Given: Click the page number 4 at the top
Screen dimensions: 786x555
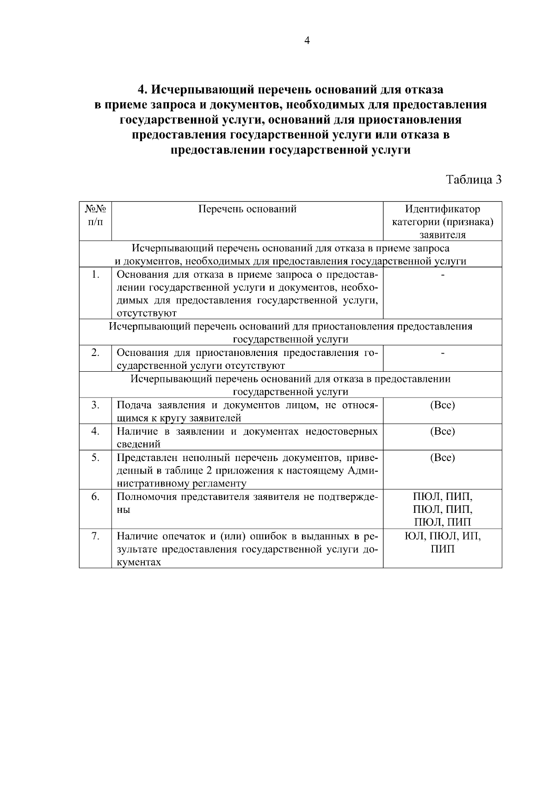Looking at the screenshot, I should (x=307, y=40).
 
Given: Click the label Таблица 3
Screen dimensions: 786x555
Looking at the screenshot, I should (x=474, y=180).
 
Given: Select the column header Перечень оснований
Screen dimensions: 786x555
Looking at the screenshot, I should (x=247, y=209).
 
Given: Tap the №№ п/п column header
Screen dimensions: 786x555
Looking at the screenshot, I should (x=95, y=215).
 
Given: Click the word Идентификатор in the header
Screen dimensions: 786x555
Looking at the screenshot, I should (x=442, y=209).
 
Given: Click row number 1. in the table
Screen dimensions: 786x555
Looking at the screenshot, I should (x=95, y=274).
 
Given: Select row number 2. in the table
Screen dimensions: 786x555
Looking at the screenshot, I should (x=95, y=353).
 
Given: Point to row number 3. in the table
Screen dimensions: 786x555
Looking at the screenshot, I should (x=95, y=405).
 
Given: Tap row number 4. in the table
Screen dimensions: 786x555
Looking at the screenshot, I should (x=95, y=431).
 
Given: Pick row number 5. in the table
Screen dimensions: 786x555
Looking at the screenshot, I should (x=95, y=457).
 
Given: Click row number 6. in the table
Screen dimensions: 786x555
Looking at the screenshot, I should (x=95, y=497).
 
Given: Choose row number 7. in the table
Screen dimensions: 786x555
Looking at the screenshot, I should (x=95, y=536).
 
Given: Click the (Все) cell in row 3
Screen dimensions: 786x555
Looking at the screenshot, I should (x=442, y=405).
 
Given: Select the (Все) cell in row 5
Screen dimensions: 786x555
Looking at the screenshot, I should (x=442, y=457).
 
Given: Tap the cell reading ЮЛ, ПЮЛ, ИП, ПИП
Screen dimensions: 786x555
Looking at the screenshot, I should (x=442, y=543).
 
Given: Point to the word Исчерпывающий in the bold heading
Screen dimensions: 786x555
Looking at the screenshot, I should (x=202, y=88).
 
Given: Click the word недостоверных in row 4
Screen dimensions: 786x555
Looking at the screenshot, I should (x=341, y=431).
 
